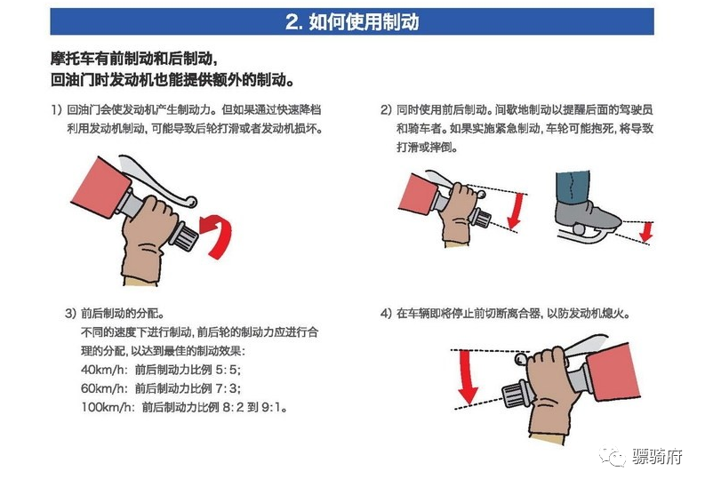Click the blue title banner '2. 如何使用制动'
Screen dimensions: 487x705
point(352,22)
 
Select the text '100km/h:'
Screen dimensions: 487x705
point(106,407)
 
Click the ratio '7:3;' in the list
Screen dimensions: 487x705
point(228,388)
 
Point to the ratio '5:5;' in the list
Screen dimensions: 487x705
point(228,370)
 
